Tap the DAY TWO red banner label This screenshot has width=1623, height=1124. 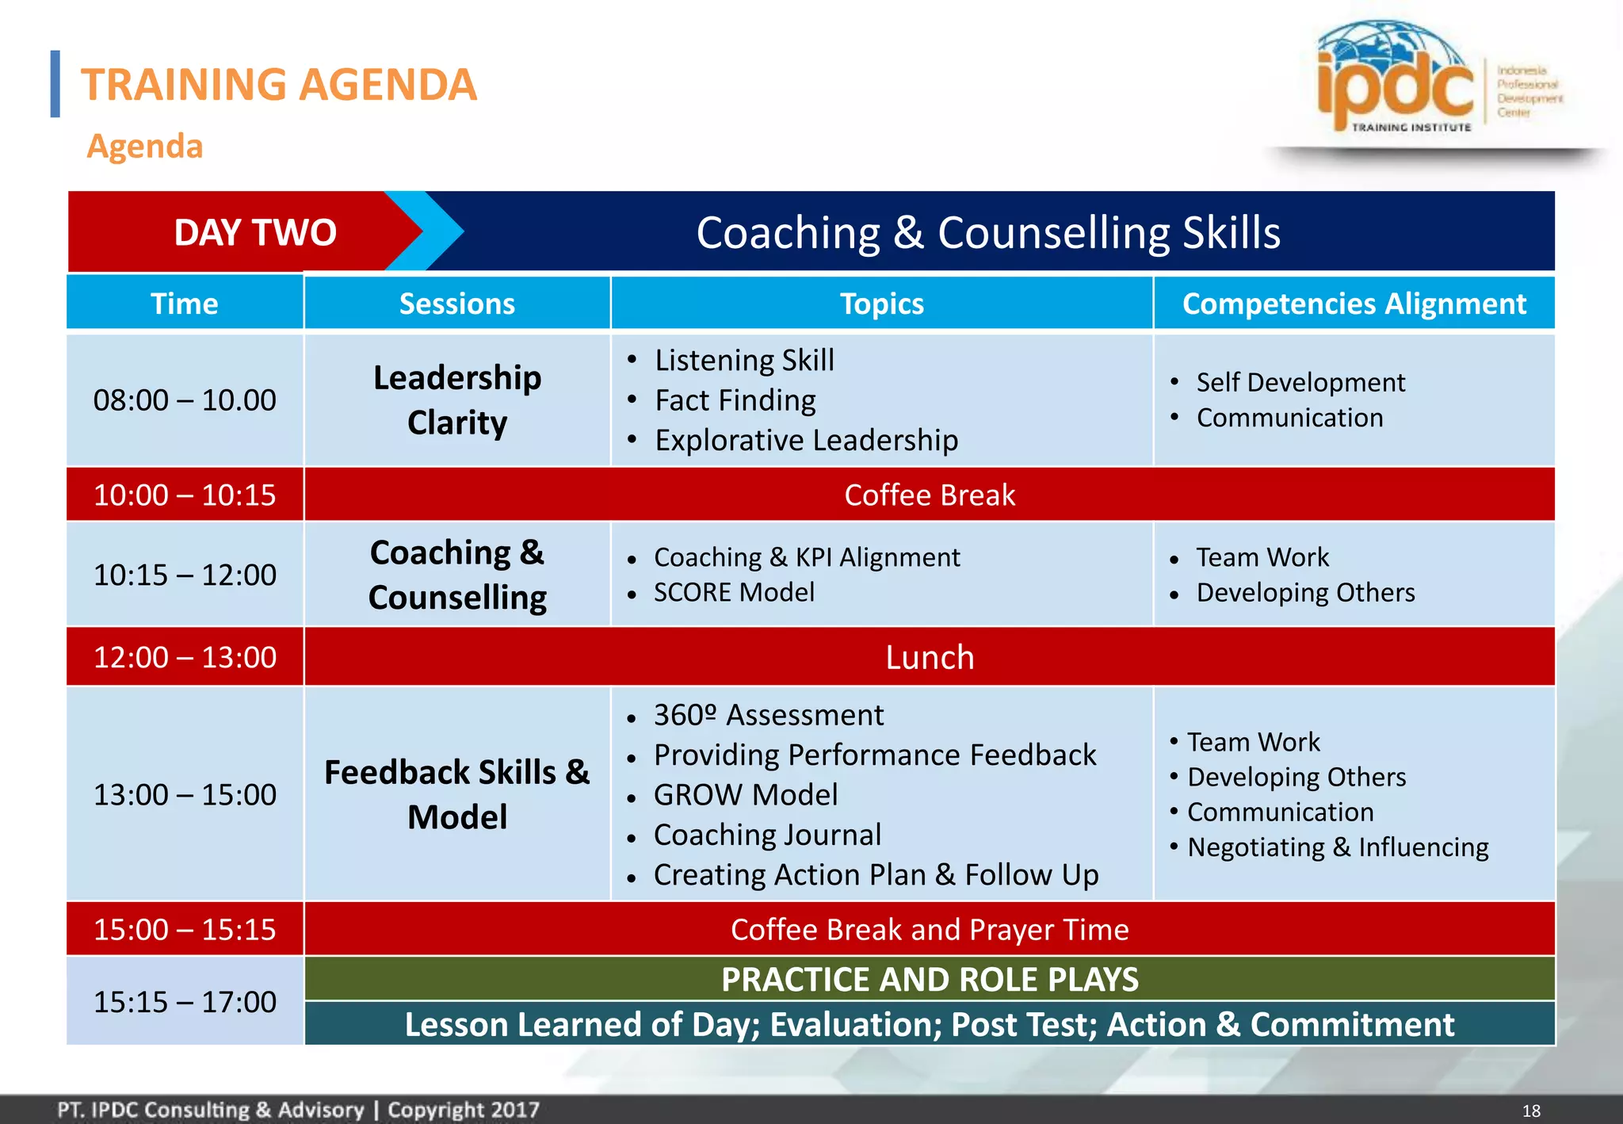click(x=255, y=232)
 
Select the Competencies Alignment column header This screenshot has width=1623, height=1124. click(x=1354, y=304)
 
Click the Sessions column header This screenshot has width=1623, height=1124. click(x=456, y=304)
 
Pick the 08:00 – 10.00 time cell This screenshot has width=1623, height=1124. click(x=185, y=400)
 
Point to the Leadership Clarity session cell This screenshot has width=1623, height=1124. click(x=457, y=400)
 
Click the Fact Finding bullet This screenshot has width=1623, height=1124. click(x=735, y=400)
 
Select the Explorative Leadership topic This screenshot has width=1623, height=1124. click(x=806, y=440)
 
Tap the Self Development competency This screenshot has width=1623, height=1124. click(x=1300, y=382)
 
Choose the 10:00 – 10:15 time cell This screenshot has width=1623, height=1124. click(x=185, y=495)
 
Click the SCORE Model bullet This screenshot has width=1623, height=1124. click(x=734, y=592)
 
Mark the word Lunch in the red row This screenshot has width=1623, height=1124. click(x=930, y=657)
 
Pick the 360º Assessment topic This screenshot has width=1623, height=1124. click(x=768, y=715)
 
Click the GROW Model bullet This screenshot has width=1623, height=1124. click(x=746, y=794)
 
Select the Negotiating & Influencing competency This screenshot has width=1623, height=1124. click(x=1338, y=847)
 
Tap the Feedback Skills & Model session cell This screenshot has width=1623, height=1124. click(x=457, y=794)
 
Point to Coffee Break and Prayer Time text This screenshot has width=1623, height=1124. click(x=930, y=929)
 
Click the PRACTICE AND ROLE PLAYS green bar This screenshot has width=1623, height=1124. click(x=930, y=979)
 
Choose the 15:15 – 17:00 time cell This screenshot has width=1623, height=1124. click(x=185, y=1002)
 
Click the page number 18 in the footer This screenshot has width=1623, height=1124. click(x=1531, y=1111)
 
